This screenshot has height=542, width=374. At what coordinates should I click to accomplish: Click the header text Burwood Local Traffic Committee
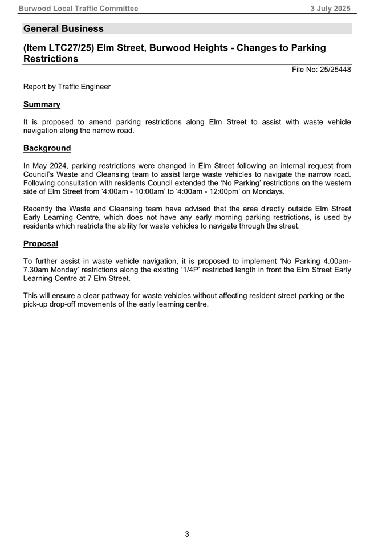coord(78,9)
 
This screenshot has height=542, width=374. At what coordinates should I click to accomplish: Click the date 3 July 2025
coord(330,9)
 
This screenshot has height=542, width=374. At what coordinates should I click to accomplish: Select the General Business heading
coord(63,28)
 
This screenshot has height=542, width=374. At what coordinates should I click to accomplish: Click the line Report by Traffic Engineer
coord(67,87)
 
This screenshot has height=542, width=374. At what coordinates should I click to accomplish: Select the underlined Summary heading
coord(42,104)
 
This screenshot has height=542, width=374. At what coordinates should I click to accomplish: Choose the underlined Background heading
coord(47,148)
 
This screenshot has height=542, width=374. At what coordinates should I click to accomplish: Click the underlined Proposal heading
coord(40,243)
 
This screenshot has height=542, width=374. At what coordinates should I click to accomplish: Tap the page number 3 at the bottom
coord(187,534)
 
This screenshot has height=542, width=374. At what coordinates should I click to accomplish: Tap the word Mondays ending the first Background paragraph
coord(267,191)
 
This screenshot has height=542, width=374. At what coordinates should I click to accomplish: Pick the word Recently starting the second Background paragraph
coord(40,209)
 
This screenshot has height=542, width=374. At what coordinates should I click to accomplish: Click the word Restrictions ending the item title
coord(51,59)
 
